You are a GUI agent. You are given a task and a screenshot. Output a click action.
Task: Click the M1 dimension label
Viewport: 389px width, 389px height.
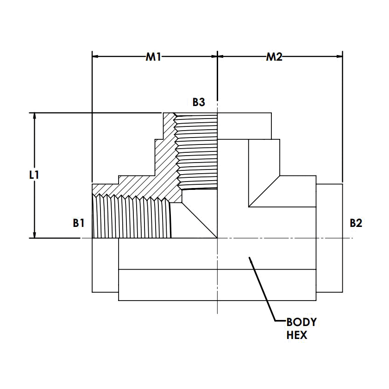pos(153,57)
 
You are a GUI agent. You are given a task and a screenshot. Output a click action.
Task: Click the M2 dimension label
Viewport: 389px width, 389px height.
pos(274,57)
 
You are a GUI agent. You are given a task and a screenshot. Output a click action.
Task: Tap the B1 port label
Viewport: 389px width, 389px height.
pos(79,223)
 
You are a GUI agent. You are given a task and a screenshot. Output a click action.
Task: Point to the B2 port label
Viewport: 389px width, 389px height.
pos(356,223)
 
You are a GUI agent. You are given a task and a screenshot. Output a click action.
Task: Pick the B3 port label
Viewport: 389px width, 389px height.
pos(199,101)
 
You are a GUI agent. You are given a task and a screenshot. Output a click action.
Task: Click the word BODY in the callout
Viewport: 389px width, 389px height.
pos(301,322)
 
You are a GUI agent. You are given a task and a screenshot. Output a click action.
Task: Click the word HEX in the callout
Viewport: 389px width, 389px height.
pos(297,335)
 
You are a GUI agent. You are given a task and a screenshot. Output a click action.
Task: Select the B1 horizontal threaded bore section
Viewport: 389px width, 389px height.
pos(132,217)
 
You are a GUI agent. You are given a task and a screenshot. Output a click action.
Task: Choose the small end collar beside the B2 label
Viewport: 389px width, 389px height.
pos(330,238)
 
